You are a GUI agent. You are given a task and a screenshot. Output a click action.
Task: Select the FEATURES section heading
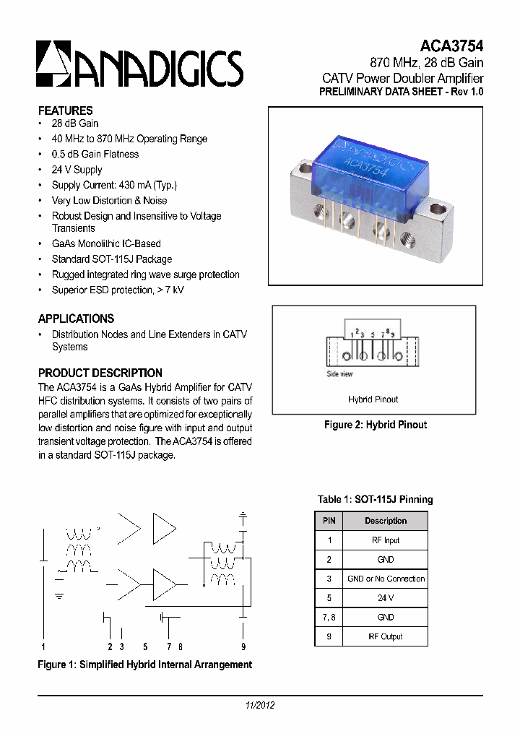click(65, 111)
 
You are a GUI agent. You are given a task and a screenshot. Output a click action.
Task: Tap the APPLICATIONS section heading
click(76, 319)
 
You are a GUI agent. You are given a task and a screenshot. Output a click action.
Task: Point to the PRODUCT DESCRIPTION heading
click(100, 373)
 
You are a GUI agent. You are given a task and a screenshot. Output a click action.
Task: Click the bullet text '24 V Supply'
click(77, 170)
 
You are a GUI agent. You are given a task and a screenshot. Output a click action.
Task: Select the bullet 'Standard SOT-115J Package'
click(111, 259)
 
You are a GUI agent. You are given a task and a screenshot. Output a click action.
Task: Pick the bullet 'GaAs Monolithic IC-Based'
click(105, 243)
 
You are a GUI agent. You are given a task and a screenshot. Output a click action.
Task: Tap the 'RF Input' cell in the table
click(386, 540)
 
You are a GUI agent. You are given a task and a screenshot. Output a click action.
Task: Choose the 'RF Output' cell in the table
click(386, 636)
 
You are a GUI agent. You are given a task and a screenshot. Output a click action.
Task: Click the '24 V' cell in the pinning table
click(386, 598)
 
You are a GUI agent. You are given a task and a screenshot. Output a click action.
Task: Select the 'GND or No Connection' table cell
click(386, 579)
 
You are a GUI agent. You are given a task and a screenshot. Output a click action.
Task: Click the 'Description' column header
click(386, 521)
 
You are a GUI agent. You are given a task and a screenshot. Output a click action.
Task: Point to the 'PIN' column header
click(329, 521)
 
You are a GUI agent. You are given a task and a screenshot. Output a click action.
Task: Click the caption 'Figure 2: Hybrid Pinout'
click(375, 425)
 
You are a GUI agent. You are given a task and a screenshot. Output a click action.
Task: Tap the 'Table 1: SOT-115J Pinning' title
click(375, 499)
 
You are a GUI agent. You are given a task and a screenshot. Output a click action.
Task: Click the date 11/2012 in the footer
click(259, 706)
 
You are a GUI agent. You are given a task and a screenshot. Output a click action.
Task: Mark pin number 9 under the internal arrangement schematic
click(243, 646)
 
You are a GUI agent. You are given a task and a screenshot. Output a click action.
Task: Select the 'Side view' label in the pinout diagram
click(339, 374)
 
